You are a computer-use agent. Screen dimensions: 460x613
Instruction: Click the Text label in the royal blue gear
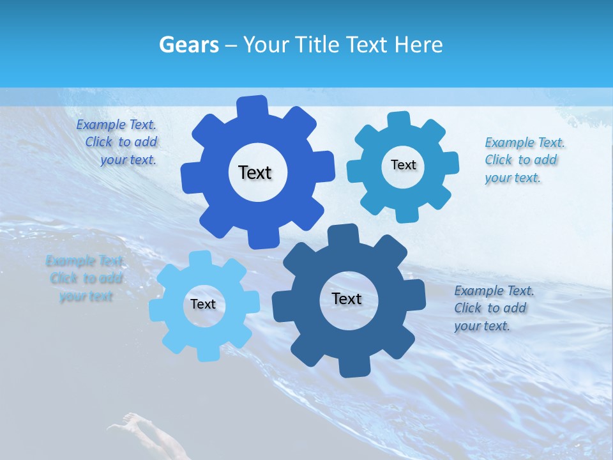(x=255, y=172)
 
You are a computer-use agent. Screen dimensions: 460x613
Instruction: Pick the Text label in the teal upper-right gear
(x=403, y=165)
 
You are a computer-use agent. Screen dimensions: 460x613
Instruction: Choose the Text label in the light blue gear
(x=203, y=304)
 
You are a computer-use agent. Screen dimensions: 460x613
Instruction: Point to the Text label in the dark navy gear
(x=347, y=299)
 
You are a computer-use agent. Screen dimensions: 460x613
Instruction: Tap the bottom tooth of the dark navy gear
(x=352, y=367)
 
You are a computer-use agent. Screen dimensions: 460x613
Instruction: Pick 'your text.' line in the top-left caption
(x=128, y=160)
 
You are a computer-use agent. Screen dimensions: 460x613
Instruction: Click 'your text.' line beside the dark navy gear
(x=481, y=326)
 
